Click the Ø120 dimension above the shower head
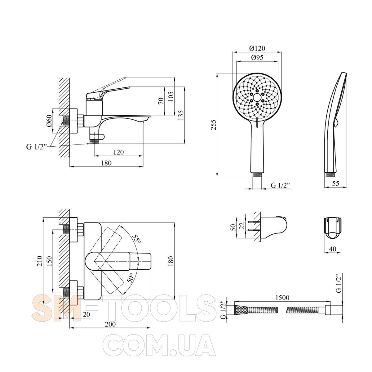click(x=257, y=48)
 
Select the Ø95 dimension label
click(x=257, y=58)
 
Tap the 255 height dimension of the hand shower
click(x=214, y=125)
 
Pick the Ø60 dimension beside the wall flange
click(x=49, y=121)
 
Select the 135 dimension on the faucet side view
click(x=181, y=115)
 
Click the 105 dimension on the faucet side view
click(x=171, y=96)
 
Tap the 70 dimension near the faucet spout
click(x=161, y=101)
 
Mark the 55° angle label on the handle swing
click(x=137, y=240)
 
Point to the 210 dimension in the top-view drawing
click(x=40, y=261)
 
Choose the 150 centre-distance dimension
click(x=49, y=261)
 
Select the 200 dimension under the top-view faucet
click(x=110, y=324)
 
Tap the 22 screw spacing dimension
click(x=242, y=225)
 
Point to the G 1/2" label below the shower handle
click(x=280, y=185)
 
